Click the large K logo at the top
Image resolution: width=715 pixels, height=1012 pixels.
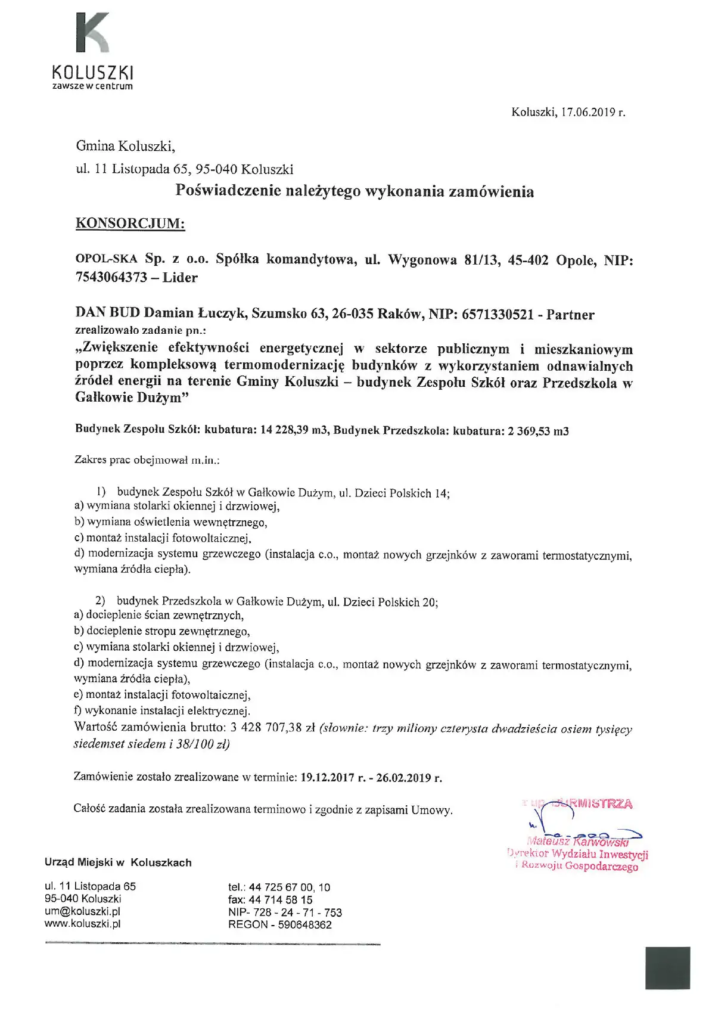[x=92, y=33]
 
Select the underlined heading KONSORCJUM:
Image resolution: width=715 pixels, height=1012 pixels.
[x=130, y=223]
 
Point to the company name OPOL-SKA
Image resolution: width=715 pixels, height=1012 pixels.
[x=106, y=259]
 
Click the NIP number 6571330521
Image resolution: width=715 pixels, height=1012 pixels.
[x=498, y=314]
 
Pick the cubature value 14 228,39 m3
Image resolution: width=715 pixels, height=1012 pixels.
[x=294, y=430]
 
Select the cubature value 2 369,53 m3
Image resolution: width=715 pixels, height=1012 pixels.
[x=538, y=430]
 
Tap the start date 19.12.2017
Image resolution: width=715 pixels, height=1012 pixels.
[x=327, y=778]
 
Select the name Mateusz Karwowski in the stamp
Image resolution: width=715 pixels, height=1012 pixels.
[x=577, y=842]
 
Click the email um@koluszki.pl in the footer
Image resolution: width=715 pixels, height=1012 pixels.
[x=82, y=911]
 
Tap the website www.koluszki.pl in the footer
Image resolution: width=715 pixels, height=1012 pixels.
[x=82, y=924]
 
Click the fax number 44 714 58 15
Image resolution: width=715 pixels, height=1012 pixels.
[x=280, y=900]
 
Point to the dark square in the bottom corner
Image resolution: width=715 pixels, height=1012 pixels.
[x=667, y=968]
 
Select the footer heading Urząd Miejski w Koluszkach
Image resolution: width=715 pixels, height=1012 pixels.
[x=118, y=862]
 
